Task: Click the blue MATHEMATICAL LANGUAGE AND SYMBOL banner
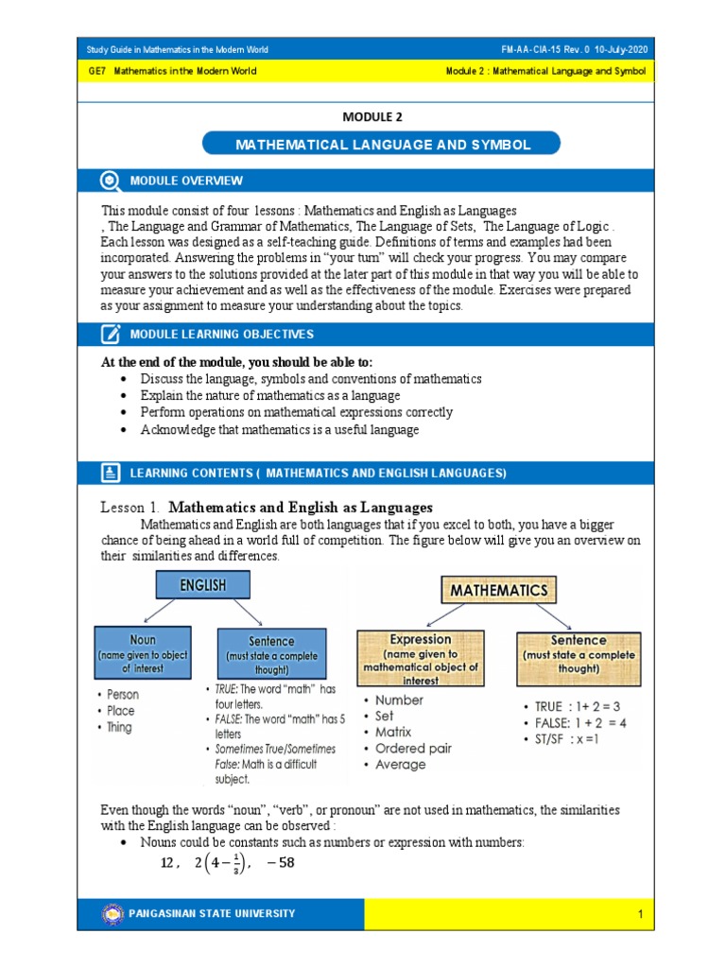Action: point(382,145)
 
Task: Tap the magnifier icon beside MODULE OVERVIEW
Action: point(111,181)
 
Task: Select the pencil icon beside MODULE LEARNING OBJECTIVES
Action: point(111,334)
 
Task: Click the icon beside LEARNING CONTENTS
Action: point(111,472)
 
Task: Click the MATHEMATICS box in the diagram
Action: point(498,590)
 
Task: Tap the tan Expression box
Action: point(421,658)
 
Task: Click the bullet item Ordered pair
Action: point(413,748)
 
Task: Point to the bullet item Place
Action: point(121,711)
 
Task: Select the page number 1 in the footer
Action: point(640,914)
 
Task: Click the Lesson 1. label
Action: point(130,508)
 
